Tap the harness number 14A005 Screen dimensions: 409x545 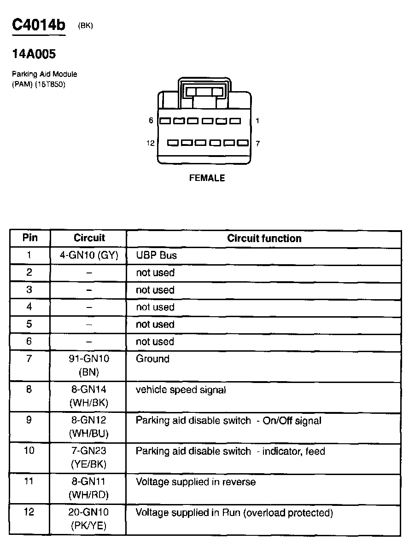pyautogui.click(x=34, y=54)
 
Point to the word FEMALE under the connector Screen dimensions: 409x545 pyautogui.click(x=207, y=178)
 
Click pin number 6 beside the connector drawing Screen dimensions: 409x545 pyautogui.click(x=151, y=121)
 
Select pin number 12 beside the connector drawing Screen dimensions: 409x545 pyautogui.click(x=150, y=143)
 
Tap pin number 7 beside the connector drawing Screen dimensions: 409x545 pyautogui.click(x=257, y=143)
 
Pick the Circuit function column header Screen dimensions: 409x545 pyautogui.click(x=264, y=238)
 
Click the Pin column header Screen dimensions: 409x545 pyautogui.click(x=30, y=238)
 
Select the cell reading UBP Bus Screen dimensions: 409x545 pyautogui.click(x=156, y=255)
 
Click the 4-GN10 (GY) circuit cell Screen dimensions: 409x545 pyautogui.click(x=89, y=255)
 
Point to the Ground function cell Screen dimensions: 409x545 pyautogui.click(x=152, y=359)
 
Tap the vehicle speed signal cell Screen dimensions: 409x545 pyautogui.click(x=181, y=390)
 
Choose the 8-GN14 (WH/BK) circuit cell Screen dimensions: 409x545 pyautogui.click(x=89, y=396)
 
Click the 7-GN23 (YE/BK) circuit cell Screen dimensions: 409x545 pyautogui.click(x=89, y=458)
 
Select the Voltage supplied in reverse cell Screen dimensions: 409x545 pyautogui.click(x=195, y=482)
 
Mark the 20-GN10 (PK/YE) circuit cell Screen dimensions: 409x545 pyautogui.click(x=89, y=519)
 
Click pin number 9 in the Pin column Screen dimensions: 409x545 pyautogui.click(x=29, y=420)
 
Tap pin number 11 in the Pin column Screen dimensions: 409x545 pyautogui.click(x=29, y=481)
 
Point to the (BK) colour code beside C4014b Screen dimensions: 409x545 pyautogui.click(x=86, y=26)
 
